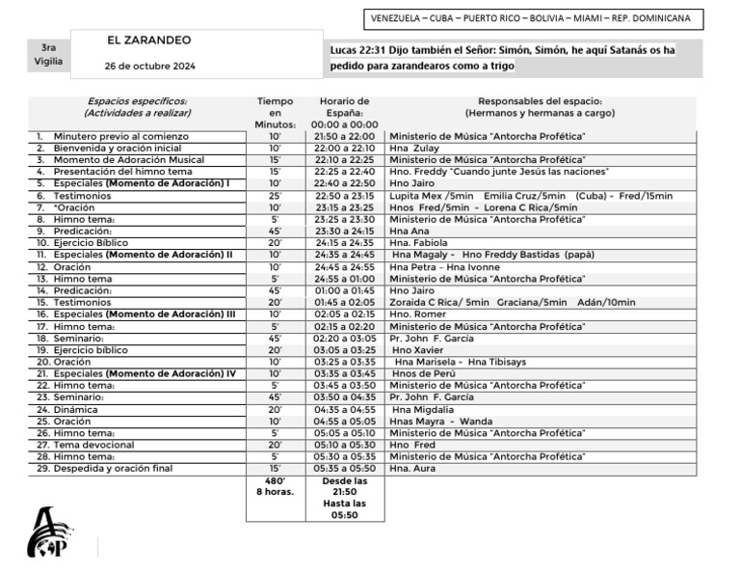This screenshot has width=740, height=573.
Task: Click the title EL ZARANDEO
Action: pyautogui.click(x=149, y=41)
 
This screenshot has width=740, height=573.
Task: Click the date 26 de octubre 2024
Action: pyautogui.click(x=149, y=66)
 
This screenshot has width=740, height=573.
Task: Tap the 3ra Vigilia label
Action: pyautogui.click(x=48, y=54)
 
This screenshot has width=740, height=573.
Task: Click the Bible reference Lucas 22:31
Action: pyautogui.click(x=359, y=49)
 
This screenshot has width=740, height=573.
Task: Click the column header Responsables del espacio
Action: pyautogui.click(x=540, y=101)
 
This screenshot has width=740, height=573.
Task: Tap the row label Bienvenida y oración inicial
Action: pyautogui.click(x=117, y=149)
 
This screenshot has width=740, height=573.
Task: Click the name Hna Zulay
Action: pyautogui.click(x=414, y=149)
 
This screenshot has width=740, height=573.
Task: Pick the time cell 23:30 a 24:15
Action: pyautogui.click(x=344, y=232)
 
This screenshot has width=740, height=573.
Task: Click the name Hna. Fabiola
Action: pyautogui.click(x=419, y=243)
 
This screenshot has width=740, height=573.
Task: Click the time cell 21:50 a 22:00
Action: pyautogui.click(x=344, y=137)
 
